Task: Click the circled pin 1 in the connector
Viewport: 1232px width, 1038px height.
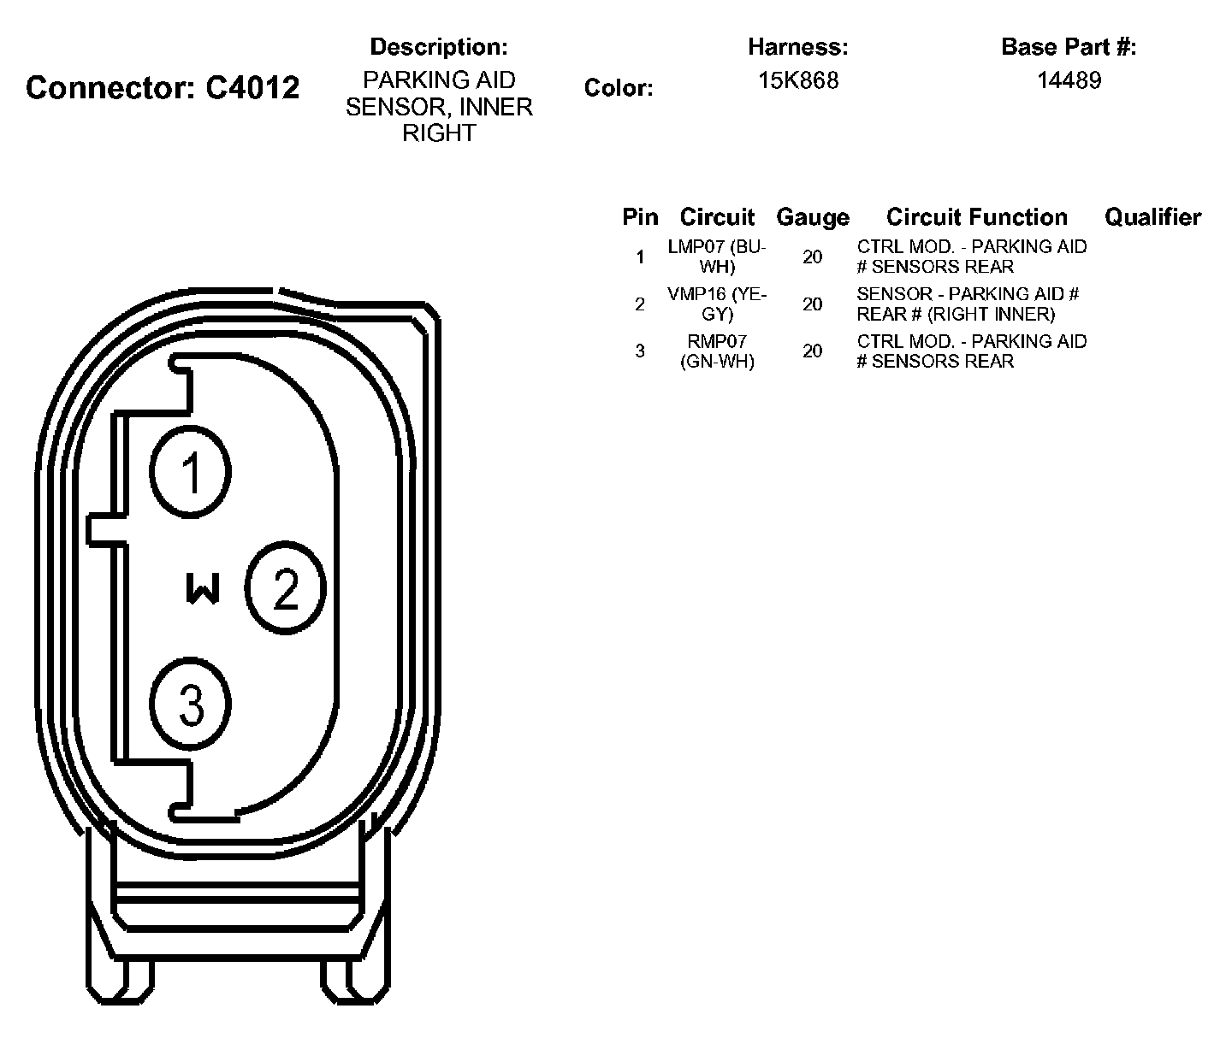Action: click(x=190, y=471)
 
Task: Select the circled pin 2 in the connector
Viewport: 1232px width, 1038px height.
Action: click(x=286, y=588)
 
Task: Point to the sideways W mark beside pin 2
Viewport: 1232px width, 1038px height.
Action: click(x=203, y=588)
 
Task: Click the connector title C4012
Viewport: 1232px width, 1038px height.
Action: click(x=163, y=87)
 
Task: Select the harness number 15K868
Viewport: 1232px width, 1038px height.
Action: click(x=797, y=80)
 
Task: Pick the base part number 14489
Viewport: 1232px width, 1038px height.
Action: click(x=1069, y=80)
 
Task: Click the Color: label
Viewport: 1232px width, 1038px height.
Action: click(x=619, y=88)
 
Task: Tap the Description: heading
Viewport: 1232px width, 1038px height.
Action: click(x=438, y=46)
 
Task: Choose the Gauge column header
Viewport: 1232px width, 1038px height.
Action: click(x=812, y=218)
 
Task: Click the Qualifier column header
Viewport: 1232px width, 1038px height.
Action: click(x=1152, y=217)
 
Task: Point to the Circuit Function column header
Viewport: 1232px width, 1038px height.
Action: click(x=976, y=217)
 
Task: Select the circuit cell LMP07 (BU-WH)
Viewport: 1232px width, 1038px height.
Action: click(x=717, y=257)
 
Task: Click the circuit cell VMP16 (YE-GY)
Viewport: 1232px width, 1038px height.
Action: click(x=717, y=304)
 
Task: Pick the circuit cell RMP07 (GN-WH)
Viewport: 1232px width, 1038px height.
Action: click(x=717, y=351)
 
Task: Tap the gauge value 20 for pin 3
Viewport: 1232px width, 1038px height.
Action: click(x=812, y=351)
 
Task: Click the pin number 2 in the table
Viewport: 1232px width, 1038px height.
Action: click(x=640, y=304)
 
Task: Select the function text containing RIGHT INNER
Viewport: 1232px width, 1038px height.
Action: click(x=968, y=304)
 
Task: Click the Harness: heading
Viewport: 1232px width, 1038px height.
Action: click(x=797, y=46)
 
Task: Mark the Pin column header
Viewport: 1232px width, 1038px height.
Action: click(x=640, y=217)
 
